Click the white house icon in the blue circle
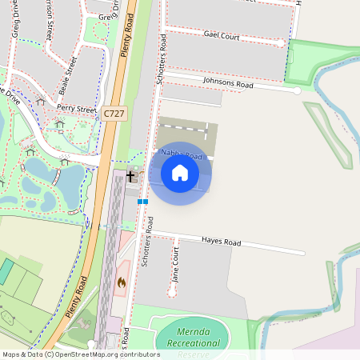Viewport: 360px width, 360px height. click(x=180, y=173)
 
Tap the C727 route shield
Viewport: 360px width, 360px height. click(x=113, y=115)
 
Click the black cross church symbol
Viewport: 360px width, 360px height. click(x=130, y=174)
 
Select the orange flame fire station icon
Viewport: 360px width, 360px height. click(x=122, y=282)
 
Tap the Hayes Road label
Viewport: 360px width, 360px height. click(x=221, y=242)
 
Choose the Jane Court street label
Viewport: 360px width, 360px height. click(x=174, y=263)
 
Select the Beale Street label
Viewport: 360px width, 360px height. click(x=67, y=76)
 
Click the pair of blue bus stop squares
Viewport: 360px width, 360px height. click(x=142, y=202)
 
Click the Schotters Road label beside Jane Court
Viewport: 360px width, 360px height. click(x=146, y=244)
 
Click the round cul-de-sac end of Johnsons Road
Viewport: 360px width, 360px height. click(x=297, y=91)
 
